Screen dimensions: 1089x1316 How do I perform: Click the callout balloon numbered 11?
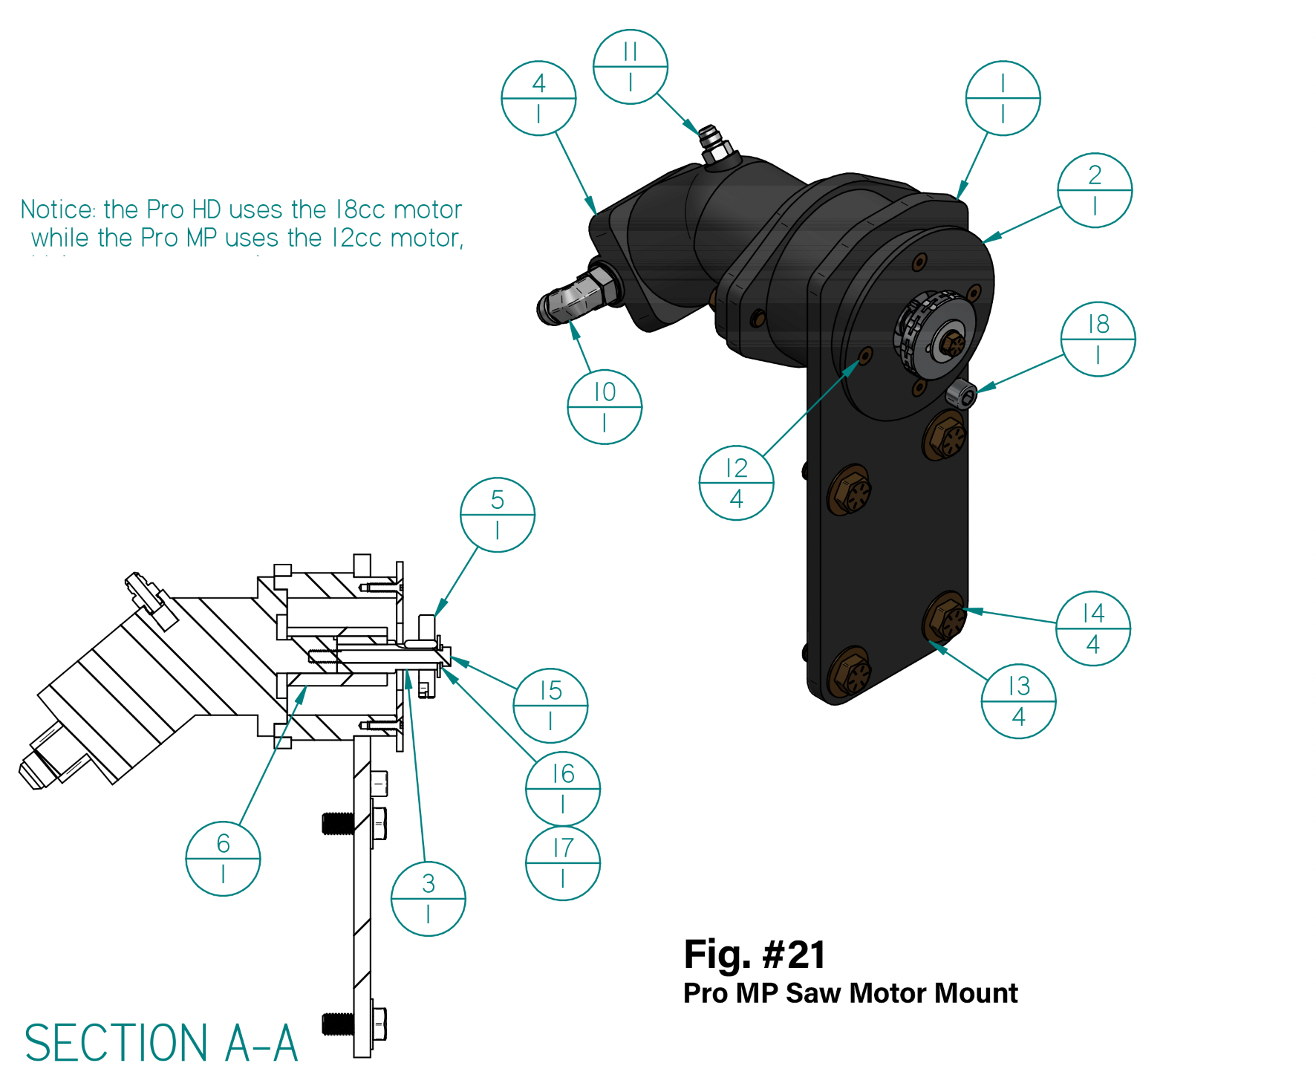coord(631,67)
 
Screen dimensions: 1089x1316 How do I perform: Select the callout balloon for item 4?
coord(538,98)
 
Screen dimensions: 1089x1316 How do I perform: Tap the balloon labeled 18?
coord(1098,339)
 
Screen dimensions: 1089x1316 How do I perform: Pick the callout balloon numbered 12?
coord(736,483)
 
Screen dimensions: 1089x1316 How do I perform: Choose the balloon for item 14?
coord(1093,628)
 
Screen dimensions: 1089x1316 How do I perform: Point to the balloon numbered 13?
coord(1019,701)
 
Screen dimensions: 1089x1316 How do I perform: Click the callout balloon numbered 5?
coord(498,515)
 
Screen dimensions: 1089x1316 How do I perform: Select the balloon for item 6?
coord(223,859)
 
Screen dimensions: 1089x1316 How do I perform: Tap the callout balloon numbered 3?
coord(428,899)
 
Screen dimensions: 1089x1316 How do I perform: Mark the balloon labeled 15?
coord(550,706)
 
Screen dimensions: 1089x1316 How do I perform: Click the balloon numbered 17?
coord(563,863)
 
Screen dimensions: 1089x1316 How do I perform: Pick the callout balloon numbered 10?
coord(605,407)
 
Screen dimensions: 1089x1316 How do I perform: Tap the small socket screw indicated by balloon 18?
coord(962,394)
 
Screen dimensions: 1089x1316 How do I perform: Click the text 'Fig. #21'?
coord(754,955)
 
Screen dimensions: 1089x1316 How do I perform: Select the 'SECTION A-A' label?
coord(161,1043)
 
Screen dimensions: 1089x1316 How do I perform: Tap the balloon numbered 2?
coord(1095,190)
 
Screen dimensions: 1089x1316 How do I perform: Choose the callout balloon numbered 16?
coord(563,789)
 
